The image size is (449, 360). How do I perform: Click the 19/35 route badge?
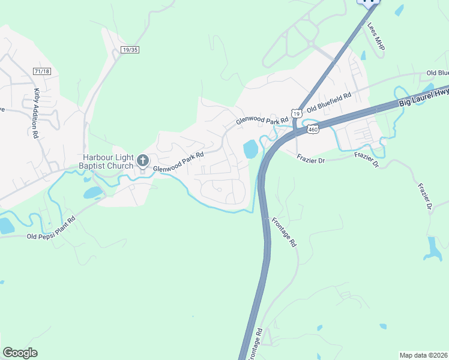click(129, 50)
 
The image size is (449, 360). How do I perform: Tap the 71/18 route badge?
click(42, 71)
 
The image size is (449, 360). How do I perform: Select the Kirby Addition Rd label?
click(36, 114)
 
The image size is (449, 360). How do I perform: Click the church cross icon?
click(143, 160)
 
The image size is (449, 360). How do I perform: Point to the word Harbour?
click(97, 158)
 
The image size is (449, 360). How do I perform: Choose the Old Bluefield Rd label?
click(328, 103)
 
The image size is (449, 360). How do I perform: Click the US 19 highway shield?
click(296, 113)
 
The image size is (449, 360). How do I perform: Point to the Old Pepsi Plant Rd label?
click(52, 227)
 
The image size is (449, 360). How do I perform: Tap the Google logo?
click(20, 353)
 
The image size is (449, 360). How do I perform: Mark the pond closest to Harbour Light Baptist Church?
click(93, 193)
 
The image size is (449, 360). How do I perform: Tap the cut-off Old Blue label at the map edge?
click(438, 73)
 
